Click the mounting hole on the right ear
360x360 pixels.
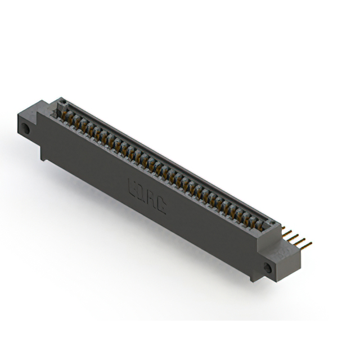point(269,269)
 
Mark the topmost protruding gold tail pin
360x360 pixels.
point(286,228)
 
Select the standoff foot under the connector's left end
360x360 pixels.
point(43,155)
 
